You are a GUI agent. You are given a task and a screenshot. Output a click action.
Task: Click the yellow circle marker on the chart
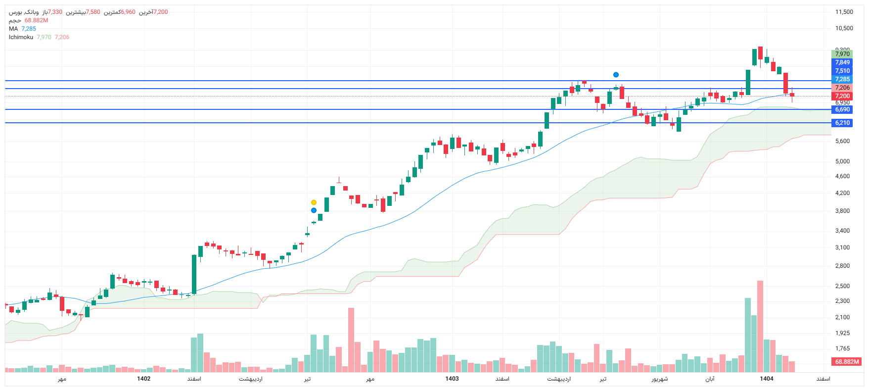[314, 202]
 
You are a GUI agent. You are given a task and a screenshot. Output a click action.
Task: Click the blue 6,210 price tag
[842, 123]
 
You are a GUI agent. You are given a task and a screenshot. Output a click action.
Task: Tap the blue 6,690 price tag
[842, 109]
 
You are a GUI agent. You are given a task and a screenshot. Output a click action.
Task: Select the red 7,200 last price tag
[842, 96]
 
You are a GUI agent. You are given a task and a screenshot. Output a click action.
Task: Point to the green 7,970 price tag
[842, 54]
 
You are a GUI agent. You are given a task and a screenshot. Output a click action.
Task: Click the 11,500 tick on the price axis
[844, 12]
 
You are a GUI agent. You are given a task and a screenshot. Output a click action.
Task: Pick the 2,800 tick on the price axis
[842, 266]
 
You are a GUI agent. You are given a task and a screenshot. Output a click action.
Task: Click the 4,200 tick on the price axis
[842, 193]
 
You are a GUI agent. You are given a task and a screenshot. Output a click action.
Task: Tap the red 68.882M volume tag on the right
[847, 362]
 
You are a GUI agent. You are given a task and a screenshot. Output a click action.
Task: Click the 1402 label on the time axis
[143, 379]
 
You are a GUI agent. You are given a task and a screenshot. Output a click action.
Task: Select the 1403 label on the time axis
[452, 379]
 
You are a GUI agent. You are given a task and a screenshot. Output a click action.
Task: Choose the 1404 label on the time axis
[766, 379]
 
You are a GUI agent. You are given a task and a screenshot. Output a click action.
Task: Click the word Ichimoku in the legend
[21, 37]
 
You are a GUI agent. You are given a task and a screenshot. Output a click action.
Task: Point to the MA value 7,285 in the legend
[29, 29]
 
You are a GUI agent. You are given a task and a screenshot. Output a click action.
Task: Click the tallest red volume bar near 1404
[760, 327]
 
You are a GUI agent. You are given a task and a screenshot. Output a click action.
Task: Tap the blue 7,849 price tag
[842, 62]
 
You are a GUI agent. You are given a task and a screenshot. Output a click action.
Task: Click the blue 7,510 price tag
[842, 71]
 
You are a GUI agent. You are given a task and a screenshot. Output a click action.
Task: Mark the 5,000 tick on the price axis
[842, 161]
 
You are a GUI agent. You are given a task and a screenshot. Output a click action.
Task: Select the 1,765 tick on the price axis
[842, 348]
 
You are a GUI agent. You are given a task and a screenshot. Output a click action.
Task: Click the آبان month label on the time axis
[710, 379]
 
